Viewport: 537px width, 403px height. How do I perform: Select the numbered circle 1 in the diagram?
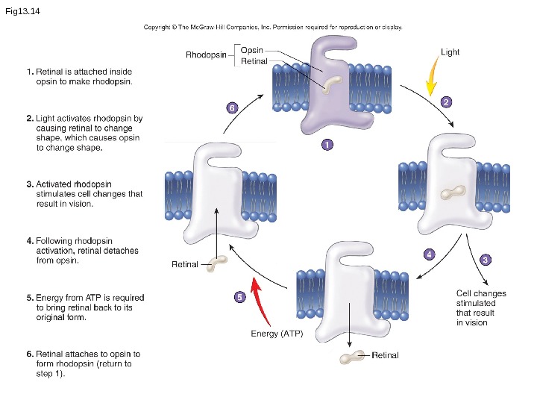coord(327,145)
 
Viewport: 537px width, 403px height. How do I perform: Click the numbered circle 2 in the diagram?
coord(446,102)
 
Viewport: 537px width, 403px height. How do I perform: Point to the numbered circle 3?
coord(485,260)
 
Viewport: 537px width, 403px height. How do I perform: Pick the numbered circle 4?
coord(429,254)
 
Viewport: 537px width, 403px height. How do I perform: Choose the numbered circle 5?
coord(239,297)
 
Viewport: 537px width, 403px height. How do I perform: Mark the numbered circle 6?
coord(232,108)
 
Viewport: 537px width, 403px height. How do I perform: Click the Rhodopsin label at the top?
coord(206,54)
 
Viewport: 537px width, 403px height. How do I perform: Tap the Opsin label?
coord(251,49)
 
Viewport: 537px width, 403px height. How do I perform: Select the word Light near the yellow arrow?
coord(450,52)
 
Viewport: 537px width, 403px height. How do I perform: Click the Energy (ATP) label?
coord(277,334)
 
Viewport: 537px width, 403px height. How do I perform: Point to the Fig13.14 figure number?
coord(22,11)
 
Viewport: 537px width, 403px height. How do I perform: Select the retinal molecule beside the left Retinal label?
coord(218,263)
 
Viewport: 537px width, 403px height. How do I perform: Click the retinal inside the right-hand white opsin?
coord(450,193)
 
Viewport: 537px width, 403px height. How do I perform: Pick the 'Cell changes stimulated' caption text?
coord(476,308)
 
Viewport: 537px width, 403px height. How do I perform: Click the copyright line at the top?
coord(273,27)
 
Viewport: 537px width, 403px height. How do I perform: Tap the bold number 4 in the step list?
coord(30,241)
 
